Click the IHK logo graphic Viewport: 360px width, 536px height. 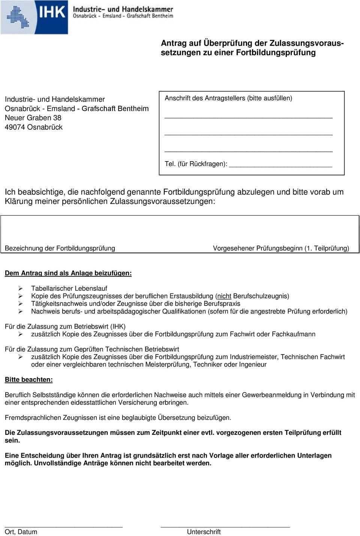[x=34, y=16]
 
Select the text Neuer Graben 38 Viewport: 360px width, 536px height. [x=33, y=117]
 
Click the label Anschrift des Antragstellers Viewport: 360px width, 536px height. [x=204, y=98]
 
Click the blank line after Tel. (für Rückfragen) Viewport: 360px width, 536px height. [x=280, y=165]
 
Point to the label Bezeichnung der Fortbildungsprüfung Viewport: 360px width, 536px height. [x=60, y=248]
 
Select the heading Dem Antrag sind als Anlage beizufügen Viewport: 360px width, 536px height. [x=68, y=273]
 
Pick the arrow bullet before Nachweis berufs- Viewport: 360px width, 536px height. [x=21, y=311]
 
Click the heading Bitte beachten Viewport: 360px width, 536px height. [x=29, y=380]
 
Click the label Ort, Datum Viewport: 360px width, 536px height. [x=21, y=532]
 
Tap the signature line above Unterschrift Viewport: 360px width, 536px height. [x=225, y=527]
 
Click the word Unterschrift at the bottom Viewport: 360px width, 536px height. [x=204, y=532]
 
